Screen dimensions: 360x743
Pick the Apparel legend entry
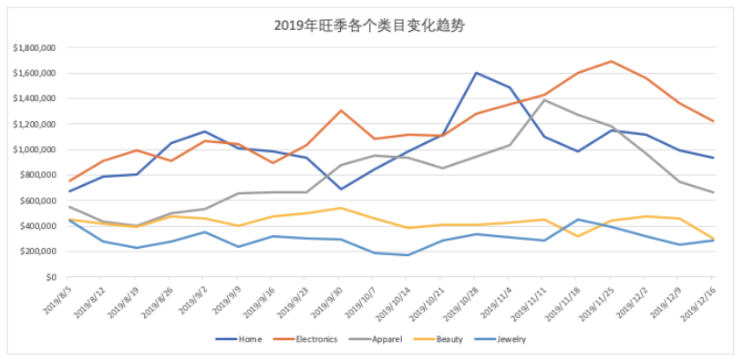tap(388, 339)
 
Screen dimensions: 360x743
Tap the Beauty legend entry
tap(450, 339)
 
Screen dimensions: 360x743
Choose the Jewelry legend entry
tap(511, 339)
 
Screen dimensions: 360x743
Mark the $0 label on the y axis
tap(51, 277)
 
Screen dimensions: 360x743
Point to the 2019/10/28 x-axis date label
tap(461, 301)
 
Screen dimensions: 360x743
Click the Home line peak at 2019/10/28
tap(476, 73)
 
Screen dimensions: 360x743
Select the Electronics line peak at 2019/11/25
tap(611, 61)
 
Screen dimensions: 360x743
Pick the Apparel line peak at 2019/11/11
tap(543, 100)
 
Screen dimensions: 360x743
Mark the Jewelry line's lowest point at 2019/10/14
tap(408, 255)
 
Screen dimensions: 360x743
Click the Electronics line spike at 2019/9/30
tap(341, 110)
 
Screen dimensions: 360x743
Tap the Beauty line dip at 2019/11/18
tap(577, 236)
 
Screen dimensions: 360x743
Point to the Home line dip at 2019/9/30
tap(341, 189)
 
